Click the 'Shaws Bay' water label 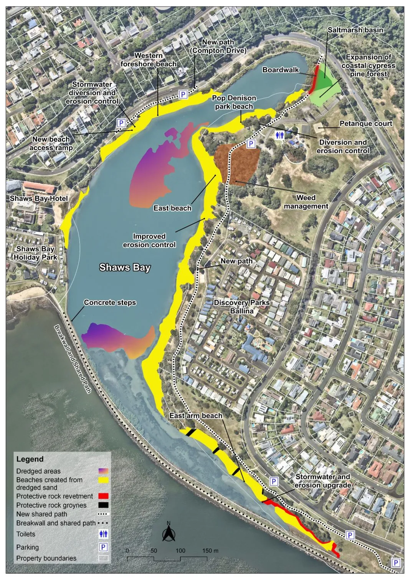[x=125, y=268]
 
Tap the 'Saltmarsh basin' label [x=355, y=30]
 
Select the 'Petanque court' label [x=366, y=124]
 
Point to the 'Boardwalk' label [x=281, y=70]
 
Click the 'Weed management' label [x=306, y=202]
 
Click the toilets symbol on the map [x=280, y=135]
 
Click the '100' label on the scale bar [x=180, y=550]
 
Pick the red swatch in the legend [x=103, y=496]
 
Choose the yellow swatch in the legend [x=103, y=480]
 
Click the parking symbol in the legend [x=103, y=547]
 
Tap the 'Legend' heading [x=30, y=459]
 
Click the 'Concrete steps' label [x=110, y=302]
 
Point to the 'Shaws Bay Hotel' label [x=39, y=198]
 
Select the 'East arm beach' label [x=196, y=416]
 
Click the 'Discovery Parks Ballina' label [x=242, y=307]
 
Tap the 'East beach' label [x=172, y=208]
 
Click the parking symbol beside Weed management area [x=251, y=144]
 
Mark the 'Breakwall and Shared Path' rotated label [x=73, y=359]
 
